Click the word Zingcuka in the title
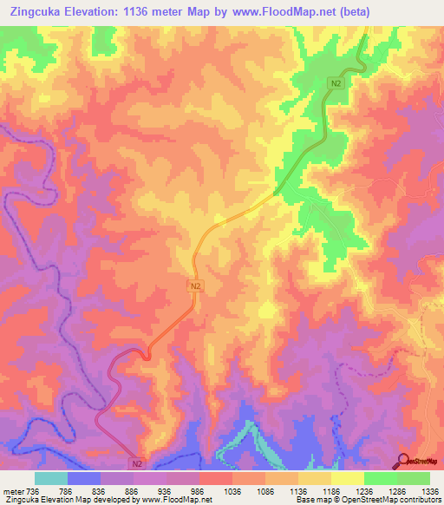[38, 12]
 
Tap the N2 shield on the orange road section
[196, 285]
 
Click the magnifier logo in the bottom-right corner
[403, 460]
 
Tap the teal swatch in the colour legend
[51, 478]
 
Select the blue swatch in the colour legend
[84, 478]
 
